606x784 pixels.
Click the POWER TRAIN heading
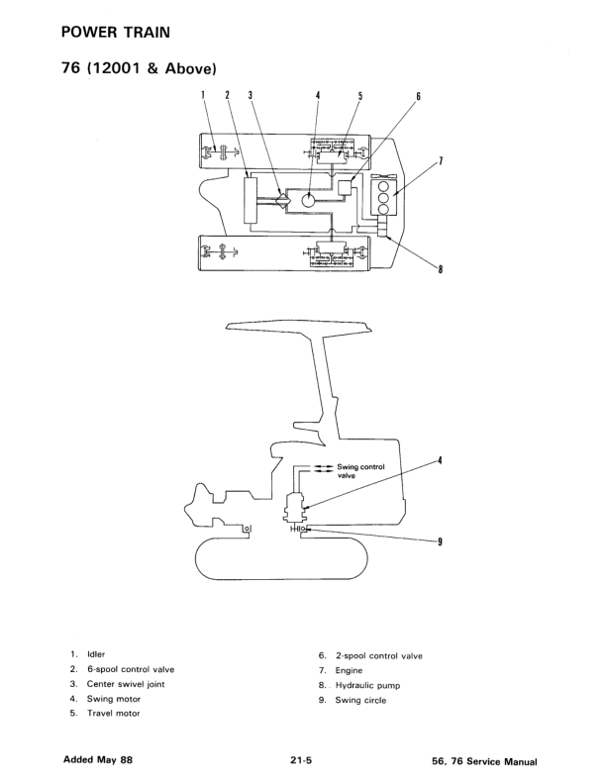pyautogui.click(x=116, y=33)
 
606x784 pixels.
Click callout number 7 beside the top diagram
pyautogui.click(x=441, y=160)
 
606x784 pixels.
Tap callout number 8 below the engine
pyautogui.click(x=440, y=269)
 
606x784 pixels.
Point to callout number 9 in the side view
pyautogui.click(x=440, y=541)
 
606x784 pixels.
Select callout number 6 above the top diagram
pyautogui.click(x=418, y=96)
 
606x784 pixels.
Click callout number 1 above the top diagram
pyautogui.click(x=203, y=95)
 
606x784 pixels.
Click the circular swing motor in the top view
pyautogui.click(x=309, y=201)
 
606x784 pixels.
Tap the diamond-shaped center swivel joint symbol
pyautogui.click(x=282, y=200)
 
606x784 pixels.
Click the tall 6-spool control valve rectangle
pyautogui.click(x=250, y=200)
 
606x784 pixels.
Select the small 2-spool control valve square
pyautogui.click(x=346, y=187)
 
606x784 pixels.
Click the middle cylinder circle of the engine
pyautogui.click(x=383, y=198)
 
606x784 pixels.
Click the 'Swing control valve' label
pyautogui.click(x=360, y=471)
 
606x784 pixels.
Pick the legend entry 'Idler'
pyautogui.click(x=96, y=654)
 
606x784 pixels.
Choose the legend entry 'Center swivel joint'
pyautogui.click(x=126, y=684)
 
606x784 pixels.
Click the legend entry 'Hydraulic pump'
pyautogui.click(x=367, y=685)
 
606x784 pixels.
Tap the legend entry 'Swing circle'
pyautogui.click(x=360, y=700)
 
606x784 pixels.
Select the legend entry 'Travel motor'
pyautogui.click(x=114, y=713)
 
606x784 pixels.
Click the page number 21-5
pyautogui.click(x=301, y=760)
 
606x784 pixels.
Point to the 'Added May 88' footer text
pyautogui.click(x=98, y=759)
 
